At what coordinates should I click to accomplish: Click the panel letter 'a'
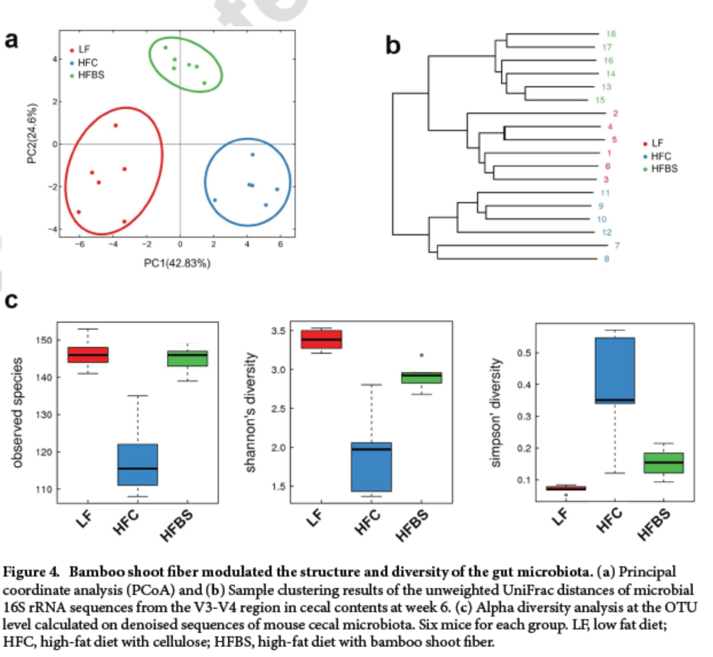coord(11,40)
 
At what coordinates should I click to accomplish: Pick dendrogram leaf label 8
coord(606,259)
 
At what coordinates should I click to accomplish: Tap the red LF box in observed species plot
coord(88,355)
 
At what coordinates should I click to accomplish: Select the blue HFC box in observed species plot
coord(138,464)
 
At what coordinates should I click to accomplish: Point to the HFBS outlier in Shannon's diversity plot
coord(422,355)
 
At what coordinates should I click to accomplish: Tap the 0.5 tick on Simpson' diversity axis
coord(523,353)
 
